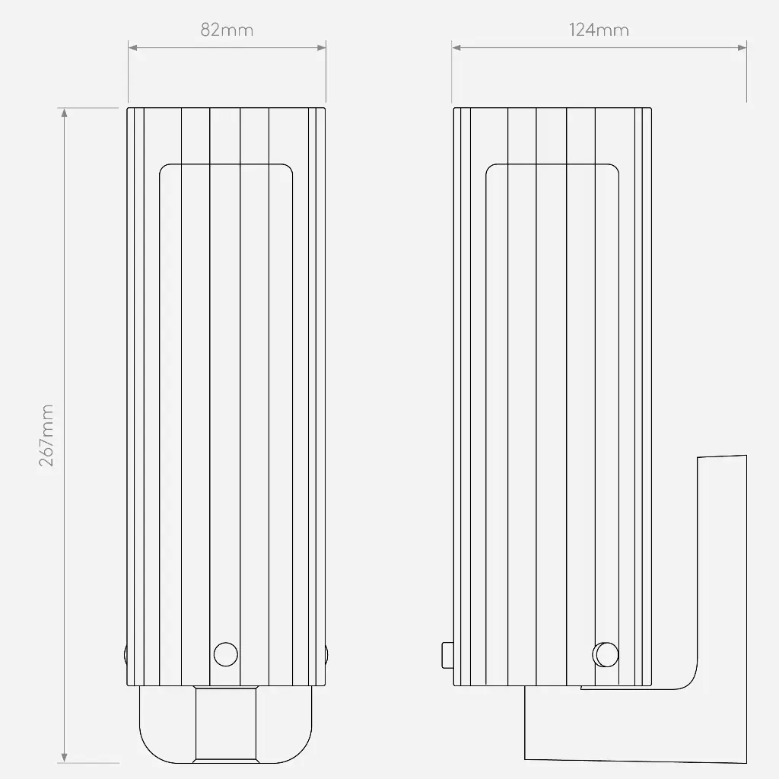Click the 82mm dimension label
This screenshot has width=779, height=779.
point(227,30)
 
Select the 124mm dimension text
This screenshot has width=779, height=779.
point(599,30)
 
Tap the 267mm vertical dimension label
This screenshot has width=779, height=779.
point(46,435)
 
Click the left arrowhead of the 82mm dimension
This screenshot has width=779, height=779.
point(132,48)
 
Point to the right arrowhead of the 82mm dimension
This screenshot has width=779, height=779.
point(322,48)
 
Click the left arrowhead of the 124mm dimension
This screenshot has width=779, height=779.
point(456,48)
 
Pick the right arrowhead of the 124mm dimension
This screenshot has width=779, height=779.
point(742,48)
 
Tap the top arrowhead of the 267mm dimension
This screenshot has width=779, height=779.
point(64,113)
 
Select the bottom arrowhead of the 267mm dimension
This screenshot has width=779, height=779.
point(64,758)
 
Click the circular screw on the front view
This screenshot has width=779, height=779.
point(225,654)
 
